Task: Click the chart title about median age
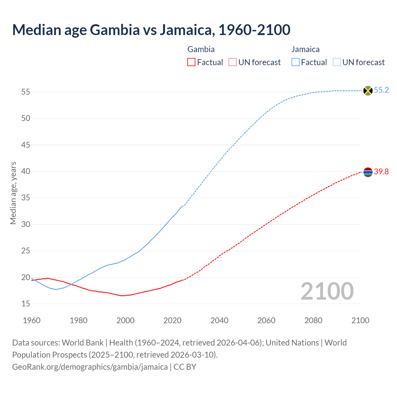pos(151,30)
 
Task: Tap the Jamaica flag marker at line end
pos(368,91)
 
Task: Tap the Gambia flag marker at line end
pos(368,172)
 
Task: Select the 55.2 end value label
pos(381,90)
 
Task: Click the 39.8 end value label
pos(381,172)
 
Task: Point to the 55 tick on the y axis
pos(26,92)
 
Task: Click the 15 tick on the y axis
pos(26,304)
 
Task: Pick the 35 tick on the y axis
pos(26,198)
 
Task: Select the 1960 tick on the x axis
pos(32,320)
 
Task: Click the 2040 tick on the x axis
pos(219,320)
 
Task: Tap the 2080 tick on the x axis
pos(313,320)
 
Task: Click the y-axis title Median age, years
pos(13,193)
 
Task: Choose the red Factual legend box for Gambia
pos(191,62)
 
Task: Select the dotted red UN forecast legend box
pos(233,62)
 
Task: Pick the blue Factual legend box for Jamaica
pos(296,62)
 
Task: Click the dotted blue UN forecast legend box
pos(337,62)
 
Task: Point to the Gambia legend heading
pos(201,49)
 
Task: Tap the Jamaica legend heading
pos(306,49)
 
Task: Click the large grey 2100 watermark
pos(327,291)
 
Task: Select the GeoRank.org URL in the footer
pos(90,367)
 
